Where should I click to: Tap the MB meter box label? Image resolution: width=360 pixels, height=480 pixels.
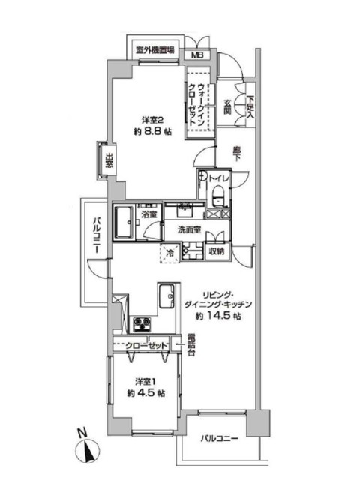coord(199,55)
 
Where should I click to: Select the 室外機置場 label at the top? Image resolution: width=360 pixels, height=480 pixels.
coord(155,51)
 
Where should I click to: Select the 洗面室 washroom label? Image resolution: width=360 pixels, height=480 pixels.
coord(189,229)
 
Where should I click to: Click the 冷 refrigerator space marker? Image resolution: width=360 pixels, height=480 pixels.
coord(170,253)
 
